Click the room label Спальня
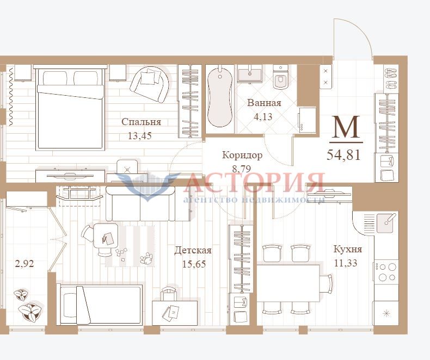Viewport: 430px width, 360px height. coord(141,122)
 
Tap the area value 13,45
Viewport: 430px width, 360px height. coord(140,135)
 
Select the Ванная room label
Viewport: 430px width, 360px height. coord(264,103)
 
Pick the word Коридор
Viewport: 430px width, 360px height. coord(242,155)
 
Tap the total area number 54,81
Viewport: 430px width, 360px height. coord(343,155)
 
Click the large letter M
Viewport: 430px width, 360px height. coord(346,127)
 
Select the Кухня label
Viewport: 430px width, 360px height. coord(348,249)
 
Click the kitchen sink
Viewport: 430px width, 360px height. coord(386,222)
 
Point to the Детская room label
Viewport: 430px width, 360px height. coord(193,250)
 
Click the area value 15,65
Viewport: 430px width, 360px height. coord(194,264)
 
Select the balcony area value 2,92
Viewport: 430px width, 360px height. coord(24,264)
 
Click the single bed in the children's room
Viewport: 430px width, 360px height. coord(100,305)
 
